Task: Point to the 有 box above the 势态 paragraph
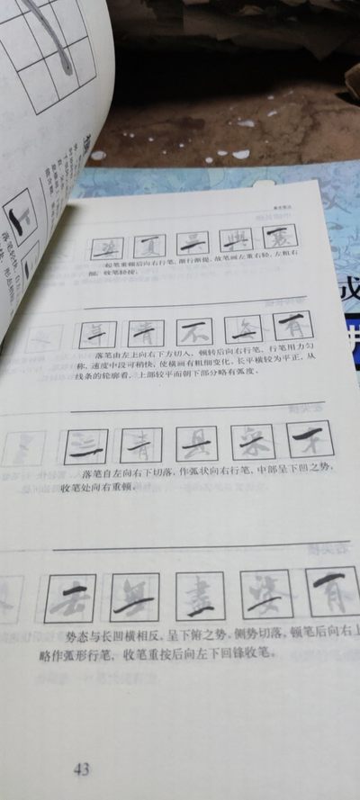[332, 590]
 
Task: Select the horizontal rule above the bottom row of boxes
[198, 546]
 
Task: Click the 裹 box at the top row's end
[279, 238]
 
